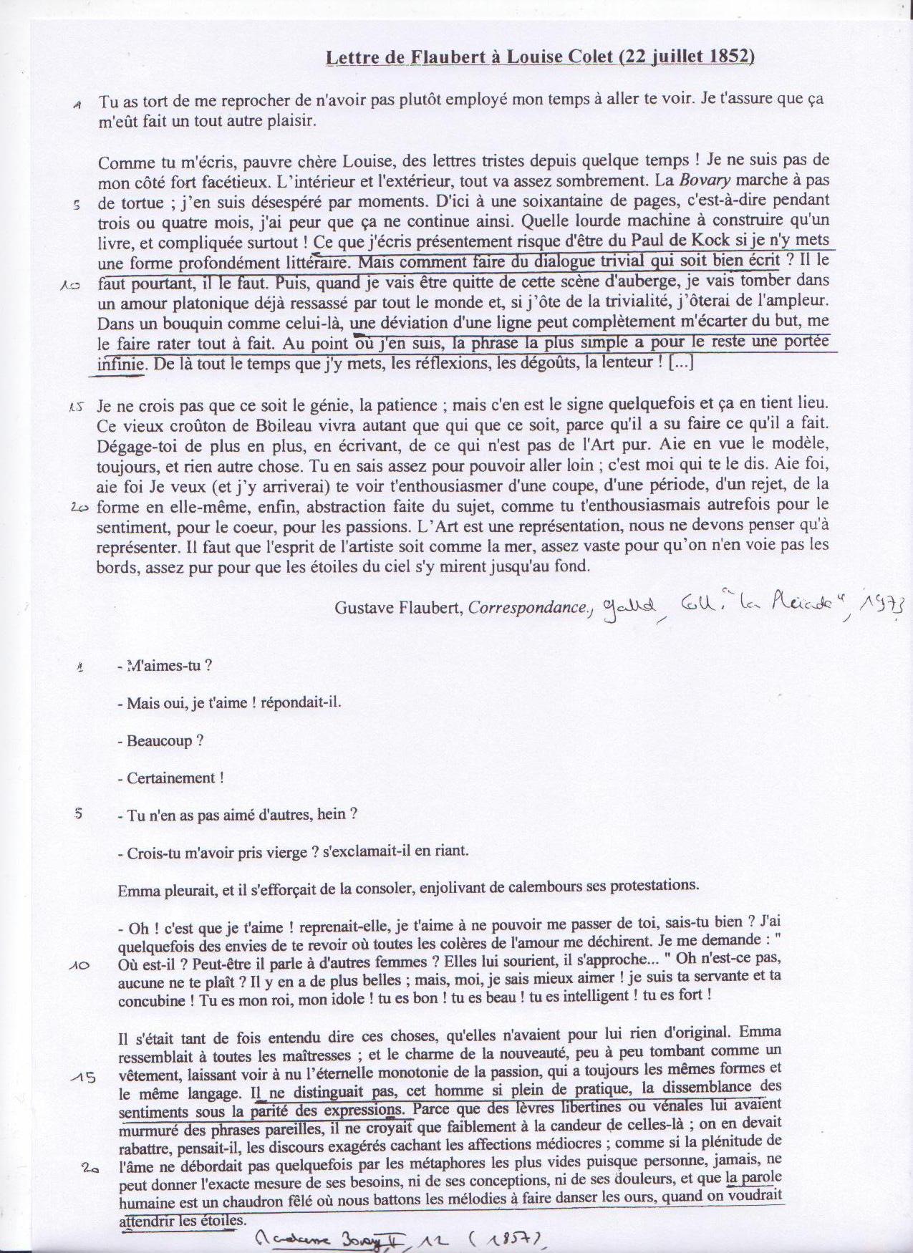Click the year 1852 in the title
tap(729, 58)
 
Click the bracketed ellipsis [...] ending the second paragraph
tap(681, 362)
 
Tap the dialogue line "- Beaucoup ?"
tap(160, 741)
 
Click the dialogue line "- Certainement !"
tap(170, 778)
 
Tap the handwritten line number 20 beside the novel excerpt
tap(90, 1168)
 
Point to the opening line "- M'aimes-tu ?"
tap(164, 665)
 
